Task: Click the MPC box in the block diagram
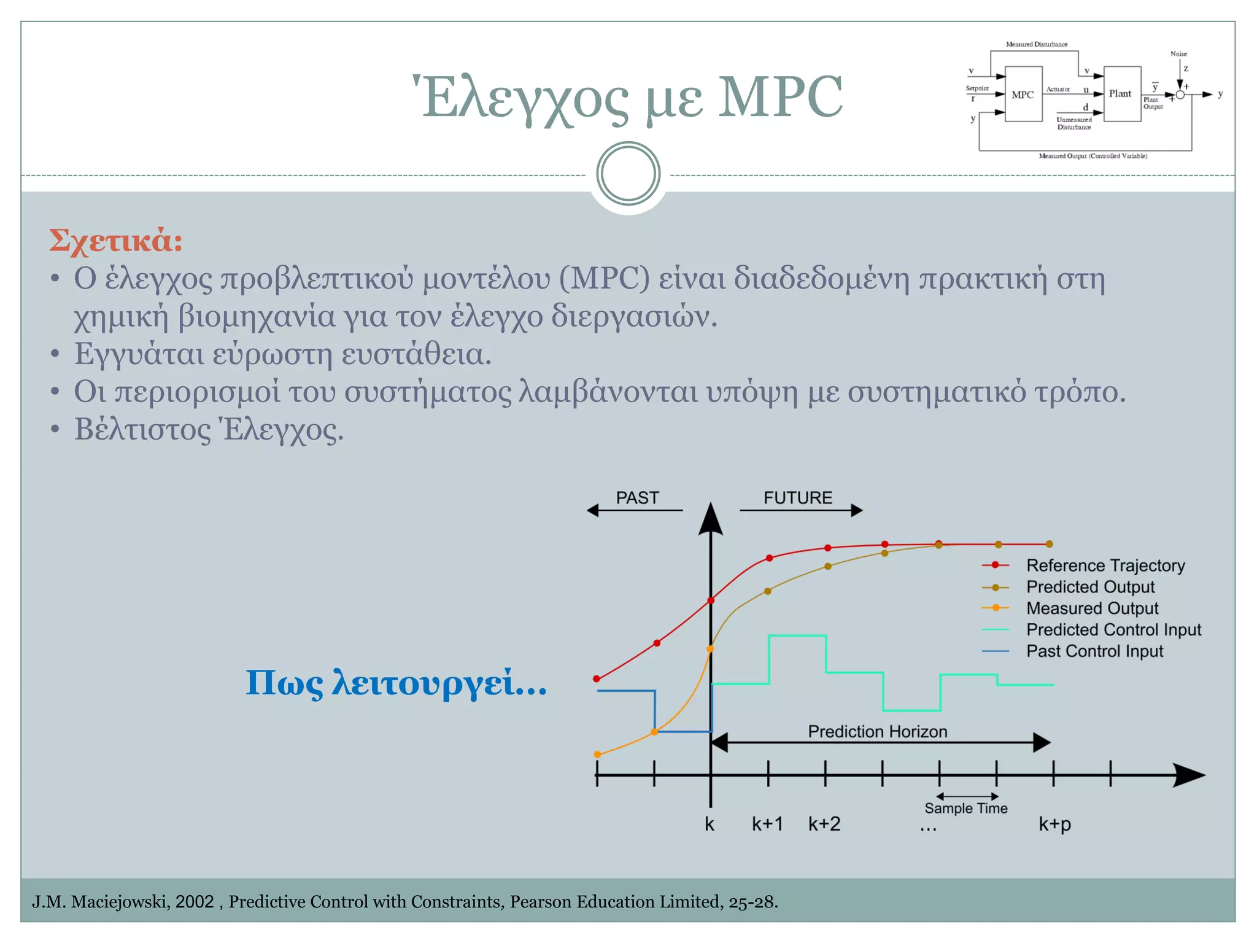(1023, 95)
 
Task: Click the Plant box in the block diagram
(1121, 94)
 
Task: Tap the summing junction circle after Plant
(1180, 95)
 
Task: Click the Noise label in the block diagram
(1178, 54)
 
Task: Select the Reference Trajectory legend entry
(1105, 565)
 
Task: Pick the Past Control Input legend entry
(1094, 651)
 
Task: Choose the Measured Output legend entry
(1092, 608)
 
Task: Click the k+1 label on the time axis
(767, 824)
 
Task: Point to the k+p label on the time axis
(1054, 824)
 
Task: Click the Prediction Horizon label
(877, 732)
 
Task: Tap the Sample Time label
(965, 809)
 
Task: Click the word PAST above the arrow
(637, 498)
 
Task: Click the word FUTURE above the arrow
(797, 498)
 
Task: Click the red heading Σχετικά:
(116, 240)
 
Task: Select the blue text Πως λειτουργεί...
(396, 683)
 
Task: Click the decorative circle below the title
(628, 174)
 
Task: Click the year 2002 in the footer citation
(194, 901)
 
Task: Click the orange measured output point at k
(710, 649)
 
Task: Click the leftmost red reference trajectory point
(597, 679)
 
